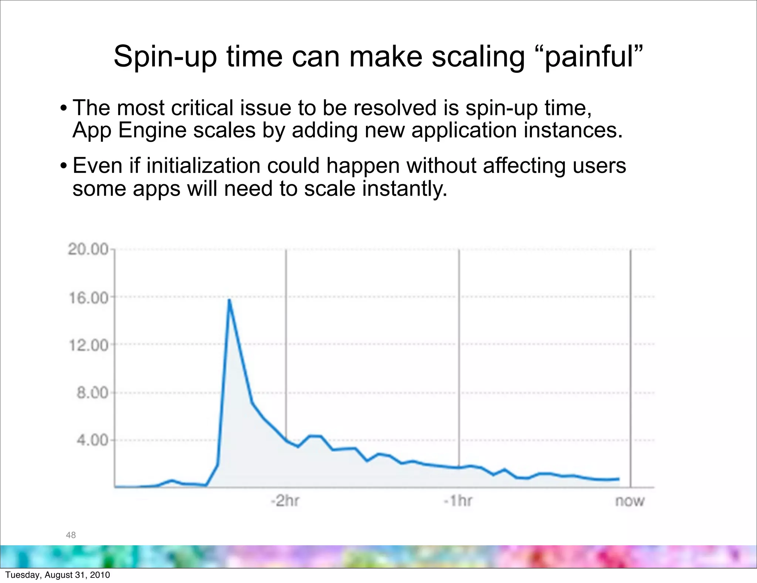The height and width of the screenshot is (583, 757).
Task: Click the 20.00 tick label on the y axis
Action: tap(88, 249)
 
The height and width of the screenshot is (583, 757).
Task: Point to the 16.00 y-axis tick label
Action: tap(89, 297)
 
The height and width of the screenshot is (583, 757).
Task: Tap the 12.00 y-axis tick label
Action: tap(89, 345)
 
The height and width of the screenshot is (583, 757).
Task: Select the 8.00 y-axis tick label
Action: tap(92, 392)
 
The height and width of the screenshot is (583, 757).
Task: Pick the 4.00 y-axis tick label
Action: tap(92, 440)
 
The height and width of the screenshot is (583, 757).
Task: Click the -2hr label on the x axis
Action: tap(285, 501)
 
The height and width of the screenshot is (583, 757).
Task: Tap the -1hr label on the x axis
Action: tap(458, 501)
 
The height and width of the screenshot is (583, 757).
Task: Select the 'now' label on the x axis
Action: tap(630, 501)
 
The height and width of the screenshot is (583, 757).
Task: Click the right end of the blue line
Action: tap(619, 479)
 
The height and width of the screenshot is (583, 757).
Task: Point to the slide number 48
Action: tap(71, 535)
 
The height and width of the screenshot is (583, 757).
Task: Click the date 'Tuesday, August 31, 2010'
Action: tap(58, 575)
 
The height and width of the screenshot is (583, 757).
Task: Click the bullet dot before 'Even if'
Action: tap(64, 165)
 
